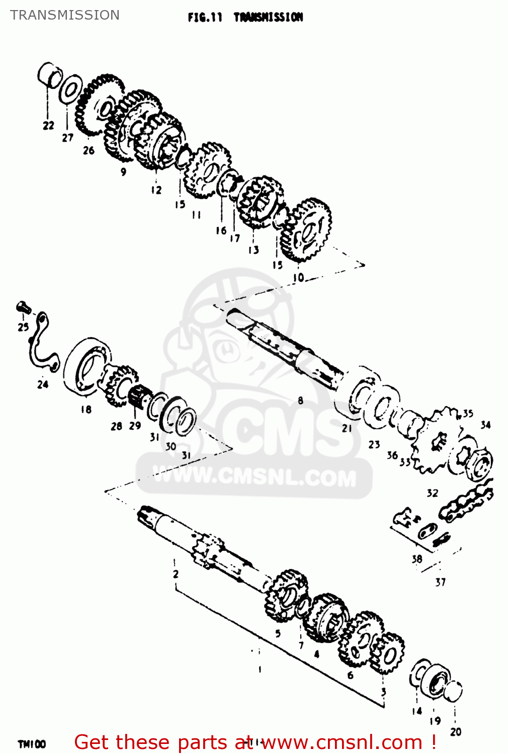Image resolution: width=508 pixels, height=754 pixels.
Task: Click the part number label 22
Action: point(48,126)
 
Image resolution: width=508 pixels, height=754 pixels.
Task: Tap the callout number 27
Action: point(68,137)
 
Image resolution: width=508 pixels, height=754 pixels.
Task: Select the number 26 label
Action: point(89,150)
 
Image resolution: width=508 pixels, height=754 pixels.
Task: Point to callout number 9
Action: point(124,171)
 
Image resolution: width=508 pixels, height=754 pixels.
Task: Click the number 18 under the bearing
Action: point(86,409)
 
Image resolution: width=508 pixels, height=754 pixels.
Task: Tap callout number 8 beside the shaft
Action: point(300,401)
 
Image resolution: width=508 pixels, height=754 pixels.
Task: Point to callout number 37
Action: point(441,582)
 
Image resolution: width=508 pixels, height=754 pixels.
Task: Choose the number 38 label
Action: point(417,558)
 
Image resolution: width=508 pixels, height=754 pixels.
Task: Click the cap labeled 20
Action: point(454,692)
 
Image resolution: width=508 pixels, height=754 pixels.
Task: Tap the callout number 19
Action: point(435,721)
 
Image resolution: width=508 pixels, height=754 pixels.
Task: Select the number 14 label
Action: point(417,711)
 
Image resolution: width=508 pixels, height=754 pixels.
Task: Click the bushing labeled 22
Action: point(49,75)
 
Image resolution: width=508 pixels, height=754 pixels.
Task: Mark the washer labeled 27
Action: point(71,89)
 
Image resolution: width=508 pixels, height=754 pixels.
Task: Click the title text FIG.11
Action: point(205,18)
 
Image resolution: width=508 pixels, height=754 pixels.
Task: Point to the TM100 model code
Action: point(32,744)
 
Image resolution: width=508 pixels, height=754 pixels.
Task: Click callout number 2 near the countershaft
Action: point(176,574)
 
